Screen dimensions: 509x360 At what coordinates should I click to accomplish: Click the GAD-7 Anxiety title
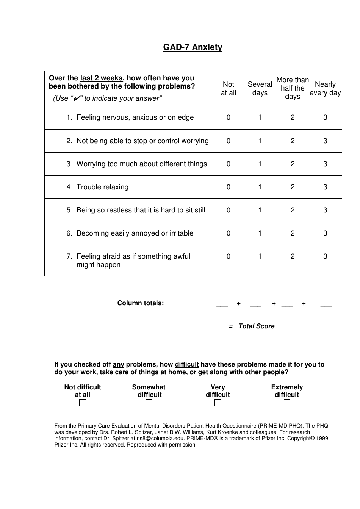(193, 47)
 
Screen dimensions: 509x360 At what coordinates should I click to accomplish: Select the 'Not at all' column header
(229, 89)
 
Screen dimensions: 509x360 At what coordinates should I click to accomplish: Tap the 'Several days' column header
(260, 89)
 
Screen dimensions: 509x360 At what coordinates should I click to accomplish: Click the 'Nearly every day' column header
(325, 89)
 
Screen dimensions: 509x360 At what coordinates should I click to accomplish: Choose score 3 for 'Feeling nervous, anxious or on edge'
(325, 117)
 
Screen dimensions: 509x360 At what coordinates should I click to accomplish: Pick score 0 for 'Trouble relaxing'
(229, 187)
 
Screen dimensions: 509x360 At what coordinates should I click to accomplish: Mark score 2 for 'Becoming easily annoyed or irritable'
(293, 233)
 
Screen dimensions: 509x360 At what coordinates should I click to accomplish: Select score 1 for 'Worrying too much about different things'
(260, 164)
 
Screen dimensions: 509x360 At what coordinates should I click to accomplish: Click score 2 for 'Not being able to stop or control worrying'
(293, 141)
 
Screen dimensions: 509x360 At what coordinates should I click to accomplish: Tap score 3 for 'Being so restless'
(325, 210)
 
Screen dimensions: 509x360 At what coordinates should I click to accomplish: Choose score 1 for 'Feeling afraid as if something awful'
(260, 256)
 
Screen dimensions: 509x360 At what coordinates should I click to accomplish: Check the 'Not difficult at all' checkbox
(83, 403)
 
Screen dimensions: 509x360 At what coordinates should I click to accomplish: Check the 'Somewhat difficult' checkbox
(149, 403)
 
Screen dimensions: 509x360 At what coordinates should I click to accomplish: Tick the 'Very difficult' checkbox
(218, 403)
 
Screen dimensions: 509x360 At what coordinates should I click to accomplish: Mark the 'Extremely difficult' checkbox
(287, 403)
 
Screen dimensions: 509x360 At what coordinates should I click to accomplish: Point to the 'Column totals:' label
(141, 303)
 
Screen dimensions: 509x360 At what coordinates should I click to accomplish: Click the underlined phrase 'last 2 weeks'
(101, 78)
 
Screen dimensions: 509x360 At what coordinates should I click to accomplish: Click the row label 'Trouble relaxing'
(102, 187)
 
